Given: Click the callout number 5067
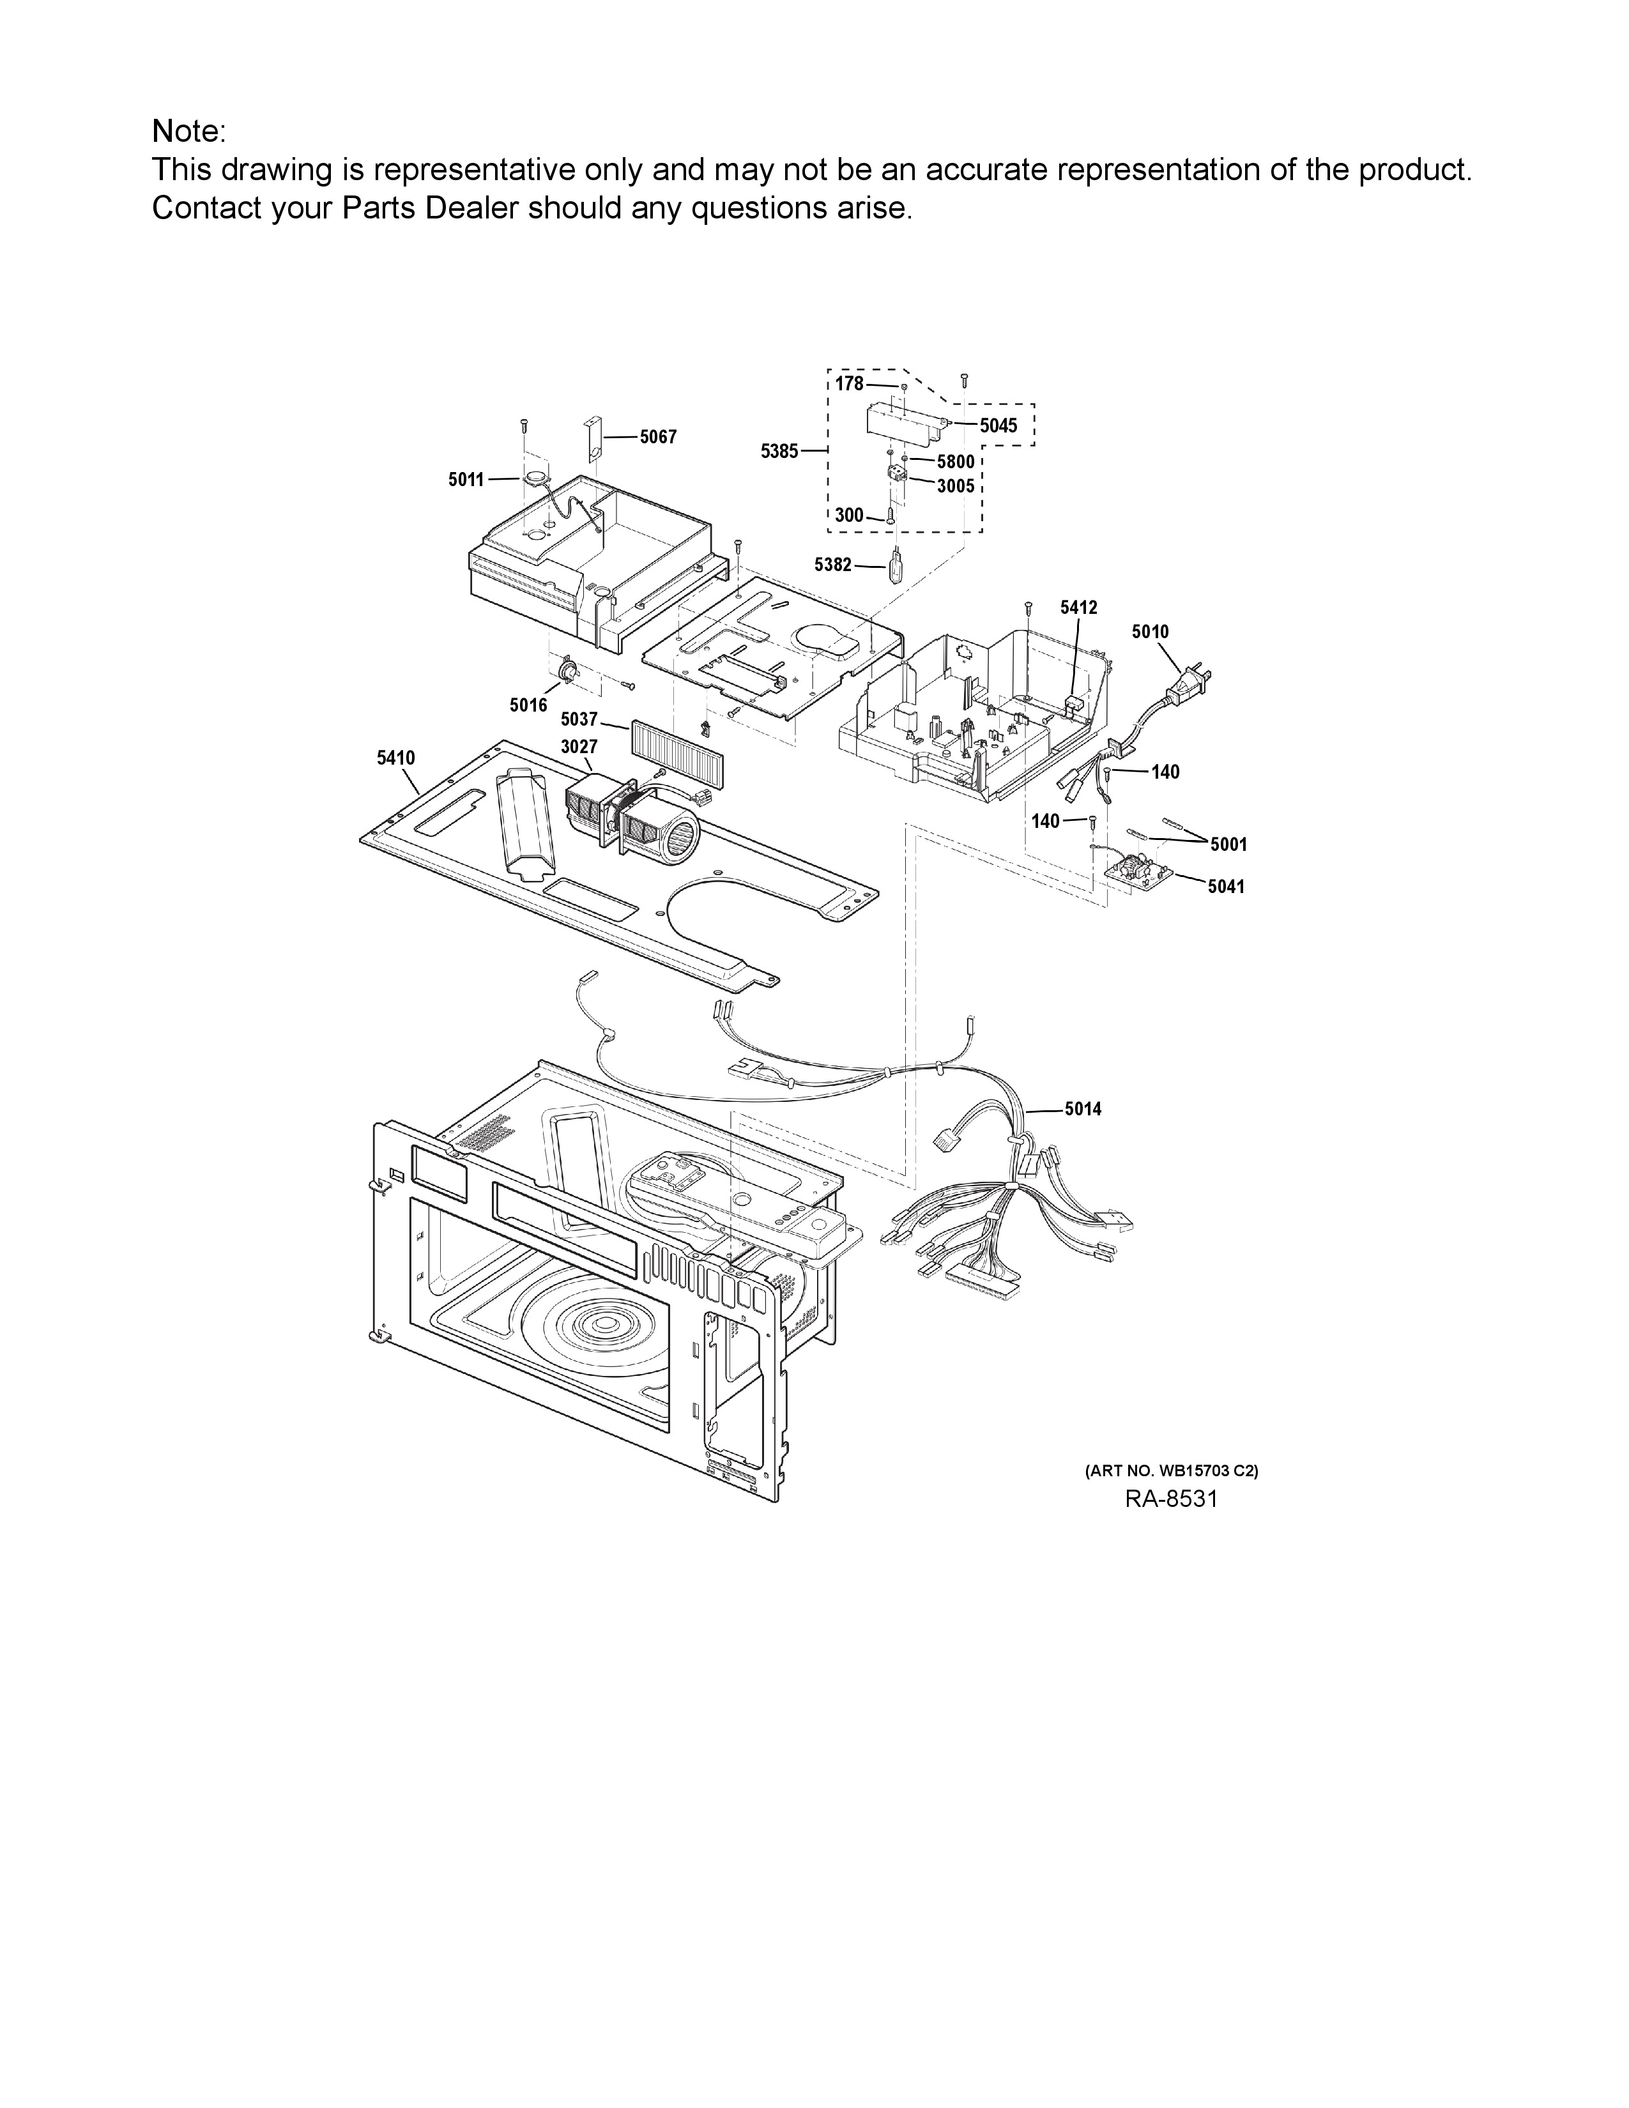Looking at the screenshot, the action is tap(658, 437).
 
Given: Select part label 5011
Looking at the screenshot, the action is tap(466, 480).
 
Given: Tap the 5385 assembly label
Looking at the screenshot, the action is tap(779, 451).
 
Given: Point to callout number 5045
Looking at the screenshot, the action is tap(998, 425).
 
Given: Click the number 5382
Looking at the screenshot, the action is tap(833, 565).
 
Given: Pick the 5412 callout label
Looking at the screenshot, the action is tap(1078, 607).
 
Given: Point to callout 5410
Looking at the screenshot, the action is tap(395, 759).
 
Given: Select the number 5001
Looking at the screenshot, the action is tap(1228, 844).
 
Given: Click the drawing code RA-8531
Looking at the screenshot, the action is tap(1170, 1499).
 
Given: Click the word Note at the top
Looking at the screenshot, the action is tap(185, 130).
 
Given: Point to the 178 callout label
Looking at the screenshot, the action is tap(849, 384).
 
